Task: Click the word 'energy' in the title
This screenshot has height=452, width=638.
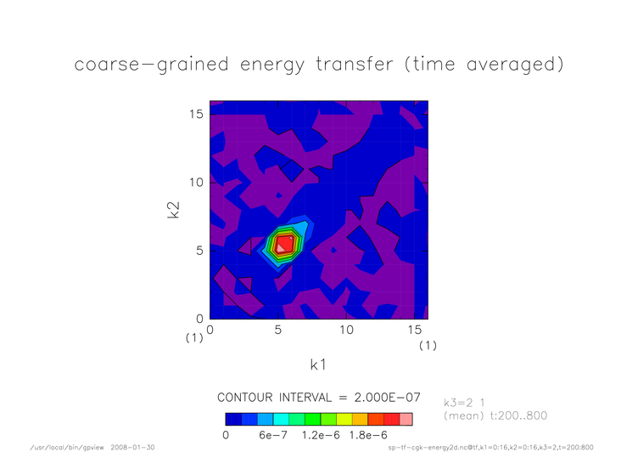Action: pos(271,65)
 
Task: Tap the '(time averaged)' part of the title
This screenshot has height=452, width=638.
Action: pos(484,65)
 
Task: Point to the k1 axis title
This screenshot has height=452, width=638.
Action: pos(318,364)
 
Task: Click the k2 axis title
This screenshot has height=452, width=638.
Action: pos(173,210)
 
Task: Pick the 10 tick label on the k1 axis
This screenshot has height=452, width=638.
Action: pos(346,330)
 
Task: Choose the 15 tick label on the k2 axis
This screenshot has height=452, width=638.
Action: pos(196,114)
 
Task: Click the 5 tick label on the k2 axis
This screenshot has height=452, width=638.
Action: pos(199,251)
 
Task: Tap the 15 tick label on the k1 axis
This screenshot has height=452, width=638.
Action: pos(415,330)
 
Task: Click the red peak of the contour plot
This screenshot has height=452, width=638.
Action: pos(285,244)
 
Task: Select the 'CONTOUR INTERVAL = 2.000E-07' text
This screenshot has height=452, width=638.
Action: pos(319,398)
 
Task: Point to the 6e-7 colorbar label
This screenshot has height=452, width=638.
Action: pos(273,435)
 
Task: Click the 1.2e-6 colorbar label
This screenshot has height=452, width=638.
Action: pos(321,435)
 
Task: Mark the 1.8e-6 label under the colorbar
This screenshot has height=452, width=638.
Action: pos(368,435)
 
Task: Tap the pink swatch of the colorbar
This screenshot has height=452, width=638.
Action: pos(406,420)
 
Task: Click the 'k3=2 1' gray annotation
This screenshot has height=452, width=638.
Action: pos(464,403)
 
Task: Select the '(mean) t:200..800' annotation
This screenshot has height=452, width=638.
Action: pos(495,415)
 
